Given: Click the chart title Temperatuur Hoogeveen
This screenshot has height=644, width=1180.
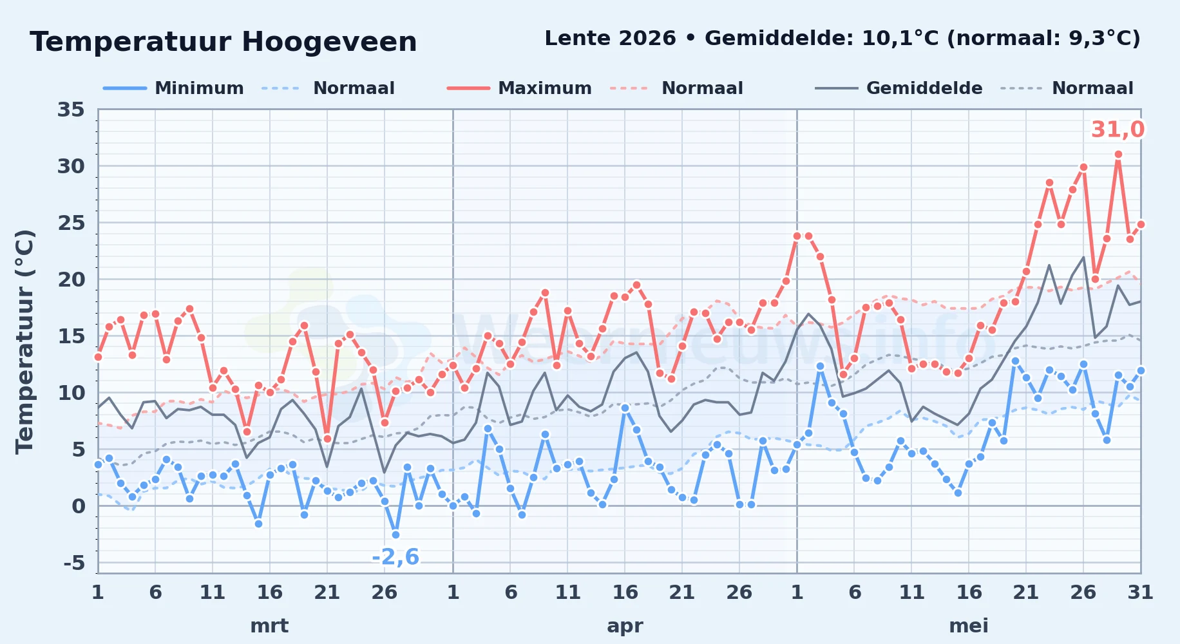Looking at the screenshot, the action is pos(224,42).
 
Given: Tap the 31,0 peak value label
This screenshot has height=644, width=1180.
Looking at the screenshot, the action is pos(1118,129).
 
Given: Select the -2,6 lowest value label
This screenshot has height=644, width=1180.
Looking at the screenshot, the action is pos(395,556).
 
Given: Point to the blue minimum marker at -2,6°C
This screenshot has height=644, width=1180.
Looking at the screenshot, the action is pos(395,535).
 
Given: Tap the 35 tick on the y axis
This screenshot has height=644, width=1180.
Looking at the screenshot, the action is pos(71,109).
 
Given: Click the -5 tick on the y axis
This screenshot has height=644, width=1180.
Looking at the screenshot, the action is pos(74,563).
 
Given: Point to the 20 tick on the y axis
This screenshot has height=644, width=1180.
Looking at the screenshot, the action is pos(71,279).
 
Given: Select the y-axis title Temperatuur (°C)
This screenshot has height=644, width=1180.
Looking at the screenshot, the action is pos(24,341).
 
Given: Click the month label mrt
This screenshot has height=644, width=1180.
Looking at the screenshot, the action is pos(269,625).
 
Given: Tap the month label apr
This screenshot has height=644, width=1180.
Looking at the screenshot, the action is pos(625,626).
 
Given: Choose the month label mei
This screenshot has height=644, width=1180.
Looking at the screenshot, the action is pos(969,625).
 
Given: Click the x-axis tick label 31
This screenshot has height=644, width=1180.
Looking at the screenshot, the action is pos(1140,592).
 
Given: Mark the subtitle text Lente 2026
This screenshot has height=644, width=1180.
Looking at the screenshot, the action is pos(610,38).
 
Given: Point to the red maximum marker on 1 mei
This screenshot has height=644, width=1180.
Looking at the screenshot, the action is pos(797,236).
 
